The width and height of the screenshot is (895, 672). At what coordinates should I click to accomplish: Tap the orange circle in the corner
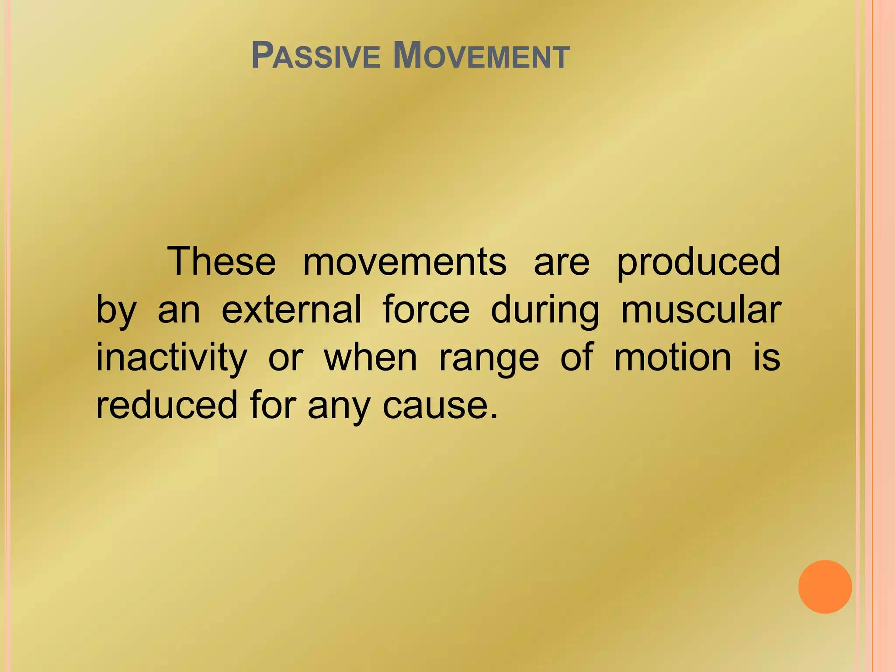coord(825,587)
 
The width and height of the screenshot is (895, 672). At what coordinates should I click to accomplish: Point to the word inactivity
coord(171,359)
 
